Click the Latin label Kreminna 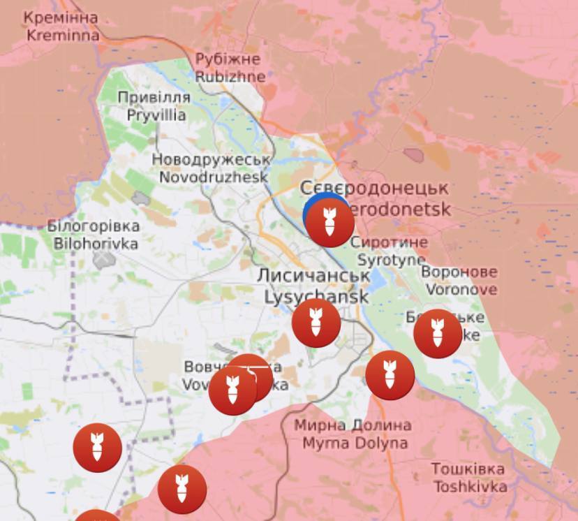click(63, 34)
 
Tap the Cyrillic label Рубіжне click(228, 59)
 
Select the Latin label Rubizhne click(230, 76)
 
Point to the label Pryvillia click(156, 115)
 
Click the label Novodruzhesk click(214, 177)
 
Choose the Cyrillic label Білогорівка click(93, 226)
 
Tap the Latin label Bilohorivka click(96, 244)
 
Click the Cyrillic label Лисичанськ click(313, 275)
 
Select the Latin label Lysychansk click(316, 296)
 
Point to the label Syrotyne click(391, 260)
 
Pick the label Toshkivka click(469, 486)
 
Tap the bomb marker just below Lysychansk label click(316, 323)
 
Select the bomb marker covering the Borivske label click(438, 333)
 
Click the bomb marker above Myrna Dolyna click(390, 376)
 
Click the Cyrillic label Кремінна click(61, 17)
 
